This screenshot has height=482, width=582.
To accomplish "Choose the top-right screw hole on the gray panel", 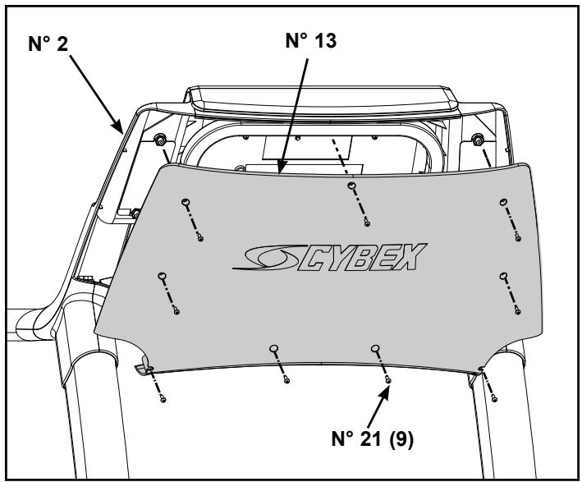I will (x=500, y=202).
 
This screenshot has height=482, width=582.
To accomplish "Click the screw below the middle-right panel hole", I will (x=516, y=310).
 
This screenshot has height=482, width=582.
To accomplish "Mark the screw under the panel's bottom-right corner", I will (x=493, y=398).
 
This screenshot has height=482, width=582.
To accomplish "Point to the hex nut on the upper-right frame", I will (x=479, y=138).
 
